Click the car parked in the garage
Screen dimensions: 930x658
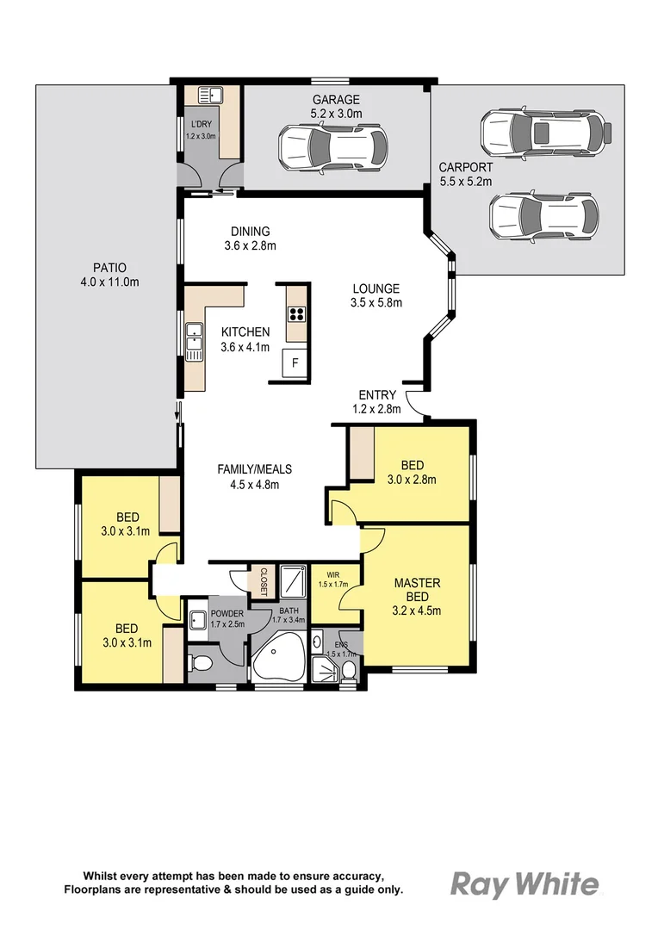point(332,146)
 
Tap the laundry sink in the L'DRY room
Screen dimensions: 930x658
point(208,96)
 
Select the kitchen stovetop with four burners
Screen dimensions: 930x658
point(296,314)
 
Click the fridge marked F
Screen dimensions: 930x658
point(295,363)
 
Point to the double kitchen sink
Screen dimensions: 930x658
point(195,339)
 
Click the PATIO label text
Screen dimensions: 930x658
point(109,268)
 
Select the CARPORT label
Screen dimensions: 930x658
point(465,168)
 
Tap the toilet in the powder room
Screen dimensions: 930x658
point(201,663)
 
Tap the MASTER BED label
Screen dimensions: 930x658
point(417,590)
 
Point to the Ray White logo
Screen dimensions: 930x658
point(525,883)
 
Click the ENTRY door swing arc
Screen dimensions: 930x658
point(413,402)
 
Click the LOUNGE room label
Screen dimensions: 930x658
point(375,288)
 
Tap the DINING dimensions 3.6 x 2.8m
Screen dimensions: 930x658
point(250,245)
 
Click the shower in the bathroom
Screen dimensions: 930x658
point(294,581)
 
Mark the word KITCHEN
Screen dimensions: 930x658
point(245,332)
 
